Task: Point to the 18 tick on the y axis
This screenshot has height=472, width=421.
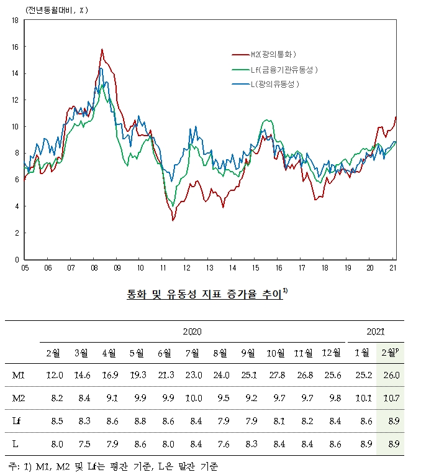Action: coord(14,21)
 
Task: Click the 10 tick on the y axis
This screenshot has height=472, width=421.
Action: coord(14,127)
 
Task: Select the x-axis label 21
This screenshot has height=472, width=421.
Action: coord(392,267)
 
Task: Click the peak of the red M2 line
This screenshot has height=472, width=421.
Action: coord(102,49)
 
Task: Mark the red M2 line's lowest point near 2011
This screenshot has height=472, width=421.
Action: coord(173,220)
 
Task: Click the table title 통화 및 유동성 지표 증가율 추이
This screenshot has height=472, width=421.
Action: coord(204,295)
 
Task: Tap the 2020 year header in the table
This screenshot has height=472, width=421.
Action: coord(192,332)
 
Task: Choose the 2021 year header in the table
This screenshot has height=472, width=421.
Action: coord(376,332)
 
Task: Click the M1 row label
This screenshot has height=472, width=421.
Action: coord(19,375)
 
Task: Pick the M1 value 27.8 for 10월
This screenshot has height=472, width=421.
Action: coord(274,375)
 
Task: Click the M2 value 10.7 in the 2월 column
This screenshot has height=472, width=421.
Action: coord(390,398)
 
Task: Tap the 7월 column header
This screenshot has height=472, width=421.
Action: coord(192,353)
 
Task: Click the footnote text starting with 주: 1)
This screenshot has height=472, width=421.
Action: coord(114,465)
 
